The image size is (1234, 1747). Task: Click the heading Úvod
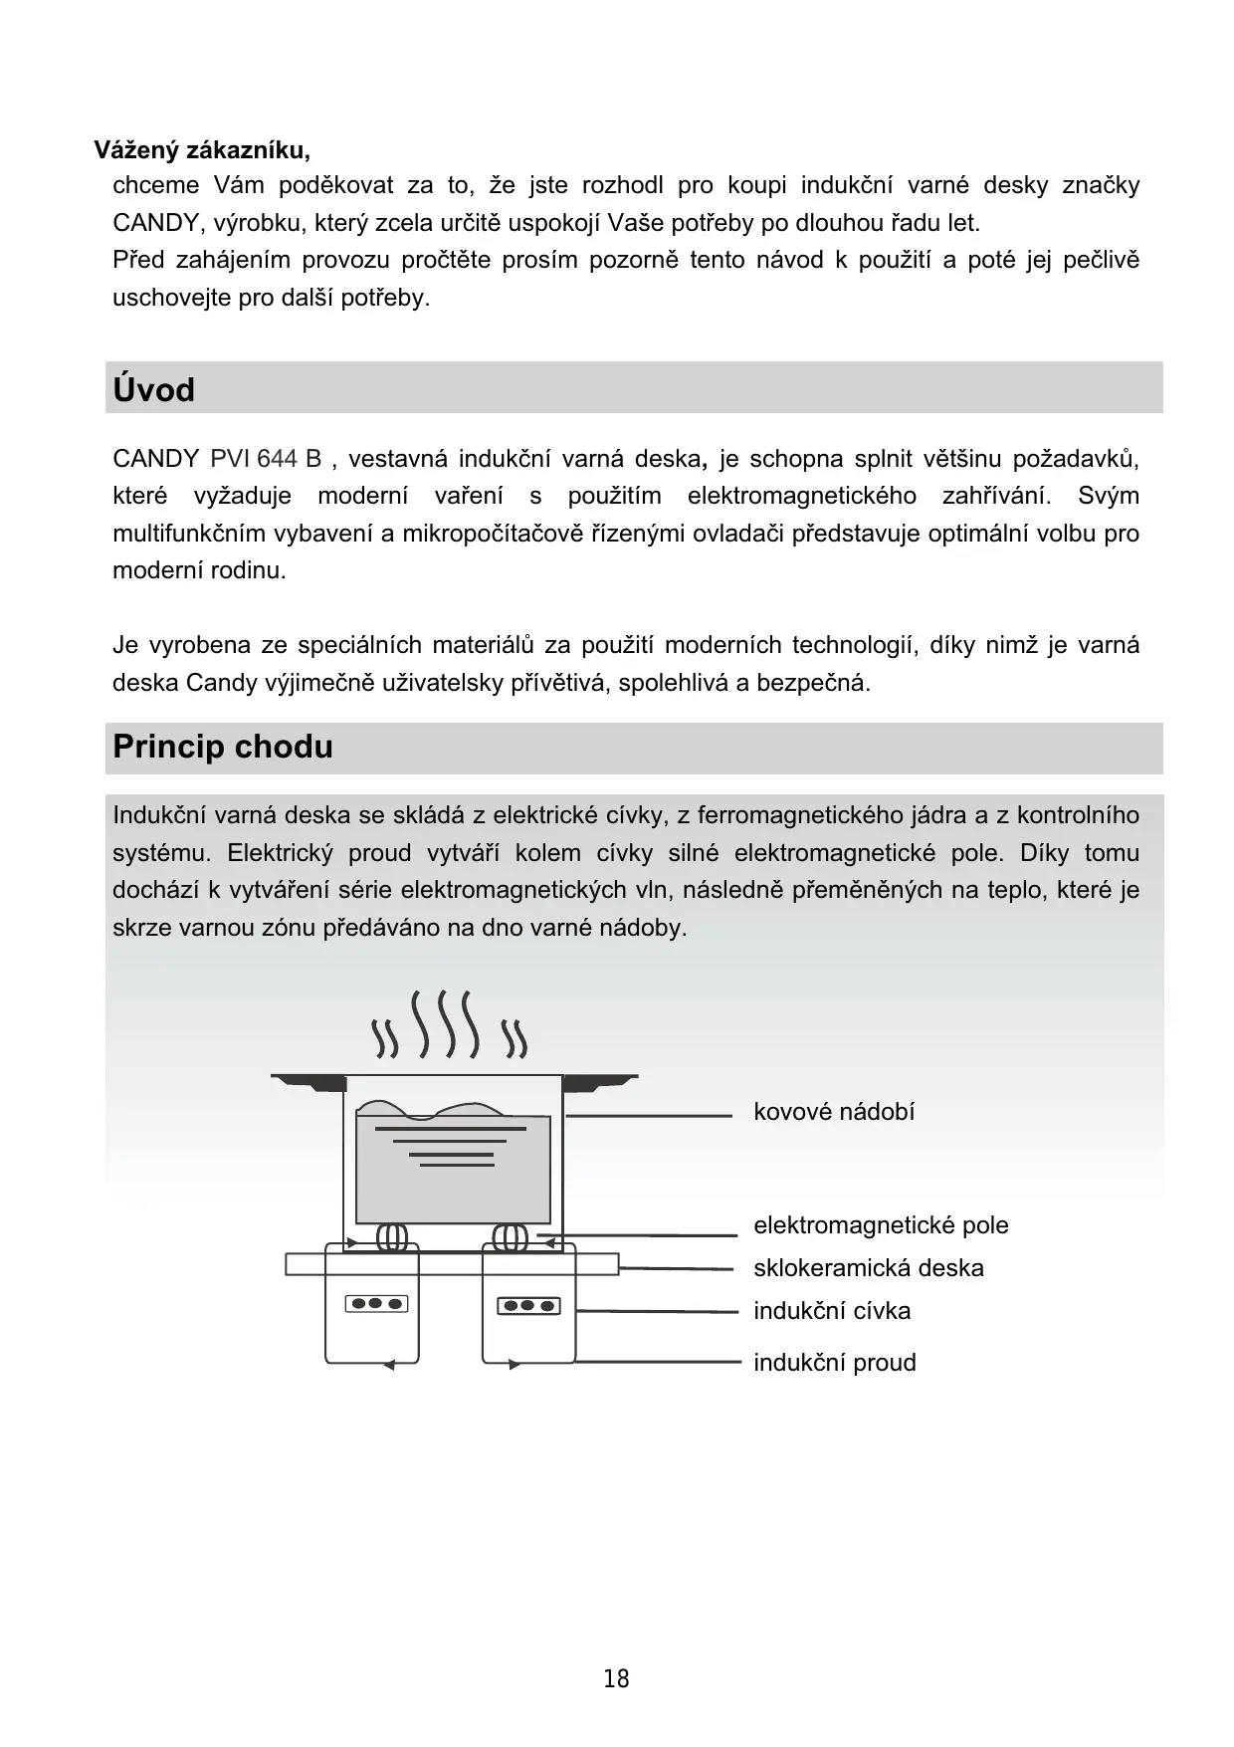coord(153,389)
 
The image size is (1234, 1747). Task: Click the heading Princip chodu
coord(222,747)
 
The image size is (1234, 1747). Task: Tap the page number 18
coord(616,1679)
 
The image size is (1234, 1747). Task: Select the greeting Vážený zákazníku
coord(202,150)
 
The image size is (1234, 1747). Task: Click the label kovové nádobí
coord(833,1112)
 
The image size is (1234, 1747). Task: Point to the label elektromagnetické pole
coord(880,1225)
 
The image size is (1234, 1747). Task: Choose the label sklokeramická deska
coord(868,1268)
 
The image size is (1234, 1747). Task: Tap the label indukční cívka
coord(831,1311)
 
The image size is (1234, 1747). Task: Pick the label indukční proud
coord(834,1363)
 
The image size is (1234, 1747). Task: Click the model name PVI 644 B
coord(266,459)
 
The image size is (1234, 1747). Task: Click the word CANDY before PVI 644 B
coord(155,459)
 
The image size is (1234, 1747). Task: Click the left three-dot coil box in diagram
coord(376,1303)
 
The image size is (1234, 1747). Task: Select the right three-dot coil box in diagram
coord(528,1305)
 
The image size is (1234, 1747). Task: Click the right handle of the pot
coord(600,1081)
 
